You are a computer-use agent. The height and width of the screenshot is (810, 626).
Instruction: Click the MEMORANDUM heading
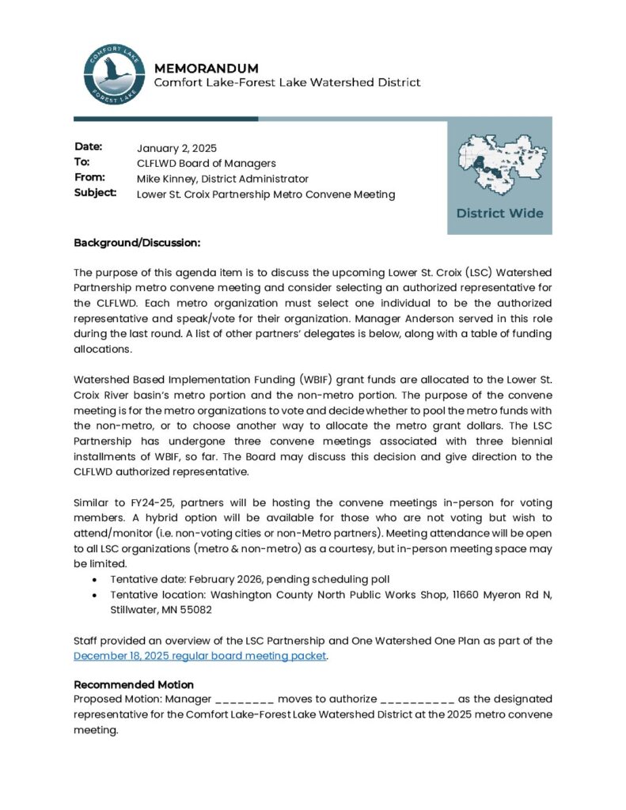pyautogui.click(x=206, y=68)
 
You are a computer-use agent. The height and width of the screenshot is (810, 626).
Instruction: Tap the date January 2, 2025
pyautogui.click(x=176, y=148)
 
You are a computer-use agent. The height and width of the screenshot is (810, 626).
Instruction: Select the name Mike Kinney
pyautogui.click(x=165, y=179)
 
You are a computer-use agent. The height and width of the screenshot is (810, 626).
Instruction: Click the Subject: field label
pyautogui.click(x=96, y=192)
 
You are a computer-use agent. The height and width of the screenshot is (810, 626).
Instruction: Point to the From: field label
pyautogui.click(x=89, y=177)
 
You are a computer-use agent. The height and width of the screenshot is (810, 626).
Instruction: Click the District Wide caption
pyautogui.click(x=499, y=213)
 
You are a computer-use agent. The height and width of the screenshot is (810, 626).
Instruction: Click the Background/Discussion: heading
pyautogui.click(x=137, y=242)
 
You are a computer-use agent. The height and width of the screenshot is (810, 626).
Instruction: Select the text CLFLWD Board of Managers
pyautogui.click(x=206, y=163)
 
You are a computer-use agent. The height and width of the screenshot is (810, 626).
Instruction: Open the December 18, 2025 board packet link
pyautogui.click(x=199, y=656)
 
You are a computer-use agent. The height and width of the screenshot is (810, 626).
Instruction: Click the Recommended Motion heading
pyautogui.click(x=134, y=684)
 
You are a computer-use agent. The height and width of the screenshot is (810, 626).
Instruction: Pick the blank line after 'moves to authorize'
pyautogui.click(x=417, y=699)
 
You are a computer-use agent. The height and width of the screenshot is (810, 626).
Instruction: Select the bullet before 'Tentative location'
pyautogui.click(x=96, y=595)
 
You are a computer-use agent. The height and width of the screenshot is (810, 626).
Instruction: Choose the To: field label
pyautogui.click(x=82, y=162)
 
